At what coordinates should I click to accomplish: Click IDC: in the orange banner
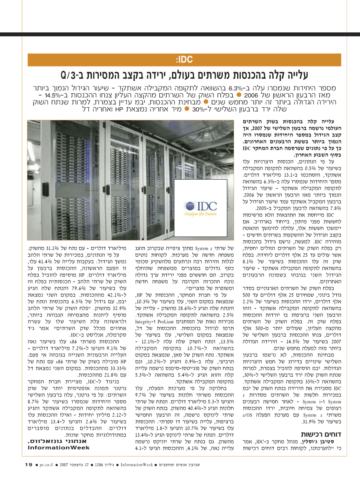pyautogui.click(x=184, y=60)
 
